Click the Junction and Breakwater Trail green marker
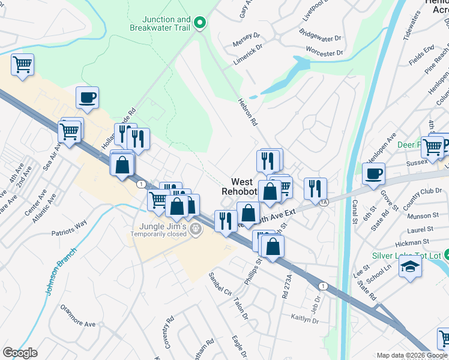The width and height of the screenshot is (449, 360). pyautogui.click(x=200, y=24)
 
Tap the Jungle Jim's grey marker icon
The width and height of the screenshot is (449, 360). pyautogui.click(x=196, y=229)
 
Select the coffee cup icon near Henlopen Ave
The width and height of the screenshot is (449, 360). pyautogui.click(x=374, y=174)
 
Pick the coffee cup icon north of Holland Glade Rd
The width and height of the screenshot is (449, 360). pyautogui.click(x=88, y=97)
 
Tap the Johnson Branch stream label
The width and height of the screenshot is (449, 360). pyautogui.click(x=61, y=271)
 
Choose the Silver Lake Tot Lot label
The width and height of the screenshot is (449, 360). pyautogui.click(x=406, y=256)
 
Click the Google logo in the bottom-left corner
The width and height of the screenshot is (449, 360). pyautogui.click(x=20, y=353)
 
